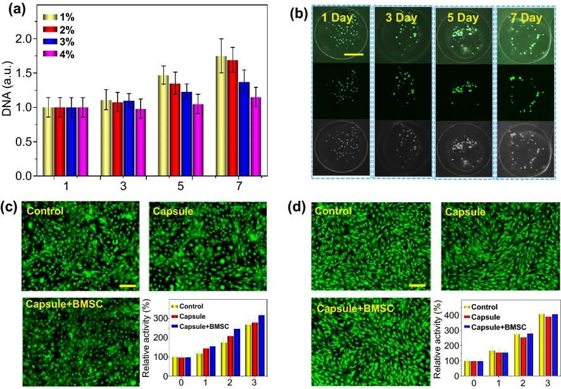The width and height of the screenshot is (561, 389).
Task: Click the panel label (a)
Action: click(15, 11)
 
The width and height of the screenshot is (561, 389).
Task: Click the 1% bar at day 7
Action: click(221, 116)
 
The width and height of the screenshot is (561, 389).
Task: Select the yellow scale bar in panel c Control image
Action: click(127, 286)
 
